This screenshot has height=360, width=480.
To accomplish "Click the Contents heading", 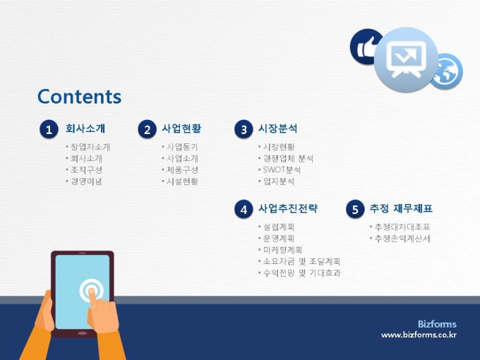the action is point(79,97).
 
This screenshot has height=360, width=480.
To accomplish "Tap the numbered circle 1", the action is point(49,129).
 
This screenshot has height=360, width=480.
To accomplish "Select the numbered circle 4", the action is point(244,210).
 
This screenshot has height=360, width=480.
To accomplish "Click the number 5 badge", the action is point(355,210).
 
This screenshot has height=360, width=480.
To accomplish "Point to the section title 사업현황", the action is point(181,128).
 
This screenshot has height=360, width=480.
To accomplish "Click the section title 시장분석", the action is point(278,128).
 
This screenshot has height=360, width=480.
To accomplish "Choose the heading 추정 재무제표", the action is point(401,208).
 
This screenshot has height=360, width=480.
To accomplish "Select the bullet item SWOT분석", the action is point(282,170).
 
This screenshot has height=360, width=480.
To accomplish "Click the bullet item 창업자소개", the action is point(90,147).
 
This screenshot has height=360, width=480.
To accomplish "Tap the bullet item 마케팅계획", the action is point(282,250).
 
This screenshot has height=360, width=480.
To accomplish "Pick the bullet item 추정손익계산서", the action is point(402,239).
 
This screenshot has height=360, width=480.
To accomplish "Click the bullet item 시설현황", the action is point(182,181).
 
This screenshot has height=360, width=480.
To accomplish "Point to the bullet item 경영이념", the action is point(86,181).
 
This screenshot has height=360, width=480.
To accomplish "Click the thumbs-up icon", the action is point(365,47).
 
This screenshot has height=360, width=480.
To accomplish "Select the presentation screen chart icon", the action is point(406,59).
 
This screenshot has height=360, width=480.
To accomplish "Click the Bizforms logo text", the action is point(437,324).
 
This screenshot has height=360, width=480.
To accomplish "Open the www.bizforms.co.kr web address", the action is point(419,335).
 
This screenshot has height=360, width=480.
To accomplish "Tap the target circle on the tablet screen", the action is point(91,291).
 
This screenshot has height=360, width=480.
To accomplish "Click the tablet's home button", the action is point(83,333).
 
